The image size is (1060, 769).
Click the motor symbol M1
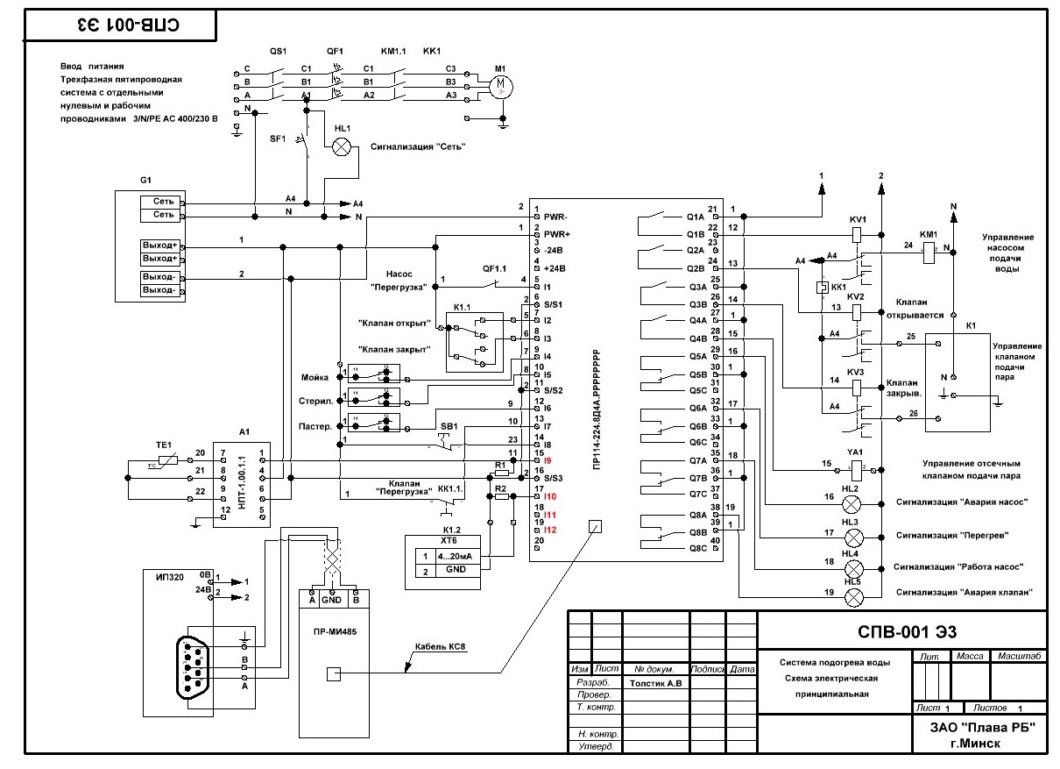point(501,85)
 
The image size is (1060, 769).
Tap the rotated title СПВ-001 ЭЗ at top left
point(118,25)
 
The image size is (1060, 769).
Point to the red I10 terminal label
point(550,496)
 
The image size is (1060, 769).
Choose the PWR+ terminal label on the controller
point(557,234)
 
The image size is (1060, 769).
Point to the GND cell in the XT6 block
point(456,571)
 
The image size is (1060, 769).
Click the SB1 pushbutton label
point(449,426)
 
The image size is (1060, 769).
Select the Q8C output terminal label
point(697,548)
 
